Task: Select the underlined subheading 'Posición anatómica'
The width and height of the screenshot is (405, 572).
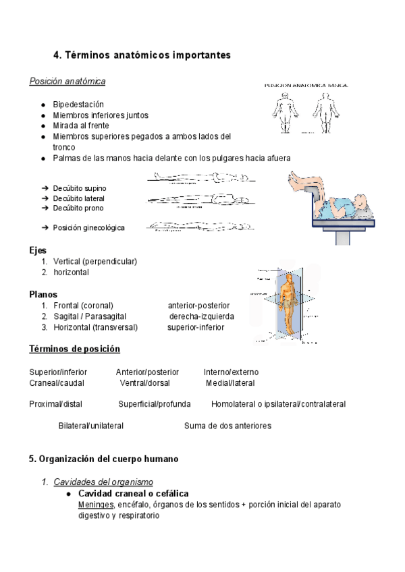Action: coord(67,82)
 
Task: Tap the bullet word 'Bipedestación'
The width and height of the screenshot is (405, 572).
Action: coord(78,105)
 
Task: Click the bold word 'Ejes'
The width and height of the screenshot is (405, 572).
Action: coord(38,250)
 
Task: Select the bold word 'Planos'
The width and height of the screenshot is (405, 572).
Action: coord(43,294)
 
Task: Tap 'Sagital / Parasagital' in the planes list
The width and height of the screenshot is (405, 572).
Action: coord(89,316)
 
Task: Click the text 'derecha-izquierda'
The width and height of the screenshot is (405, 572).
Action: coord(202,316)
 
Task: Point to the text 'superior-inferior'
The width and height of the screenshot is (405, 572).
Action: coord(196,327)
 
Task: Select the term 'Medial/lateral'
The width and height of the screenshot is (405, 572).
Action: coord(230,382)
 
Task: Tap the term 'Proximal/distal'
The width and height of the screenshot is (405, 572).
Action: coord(55,404)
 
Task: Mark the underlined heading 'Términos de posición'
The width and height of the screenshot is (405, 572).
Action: coord(74,349)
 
